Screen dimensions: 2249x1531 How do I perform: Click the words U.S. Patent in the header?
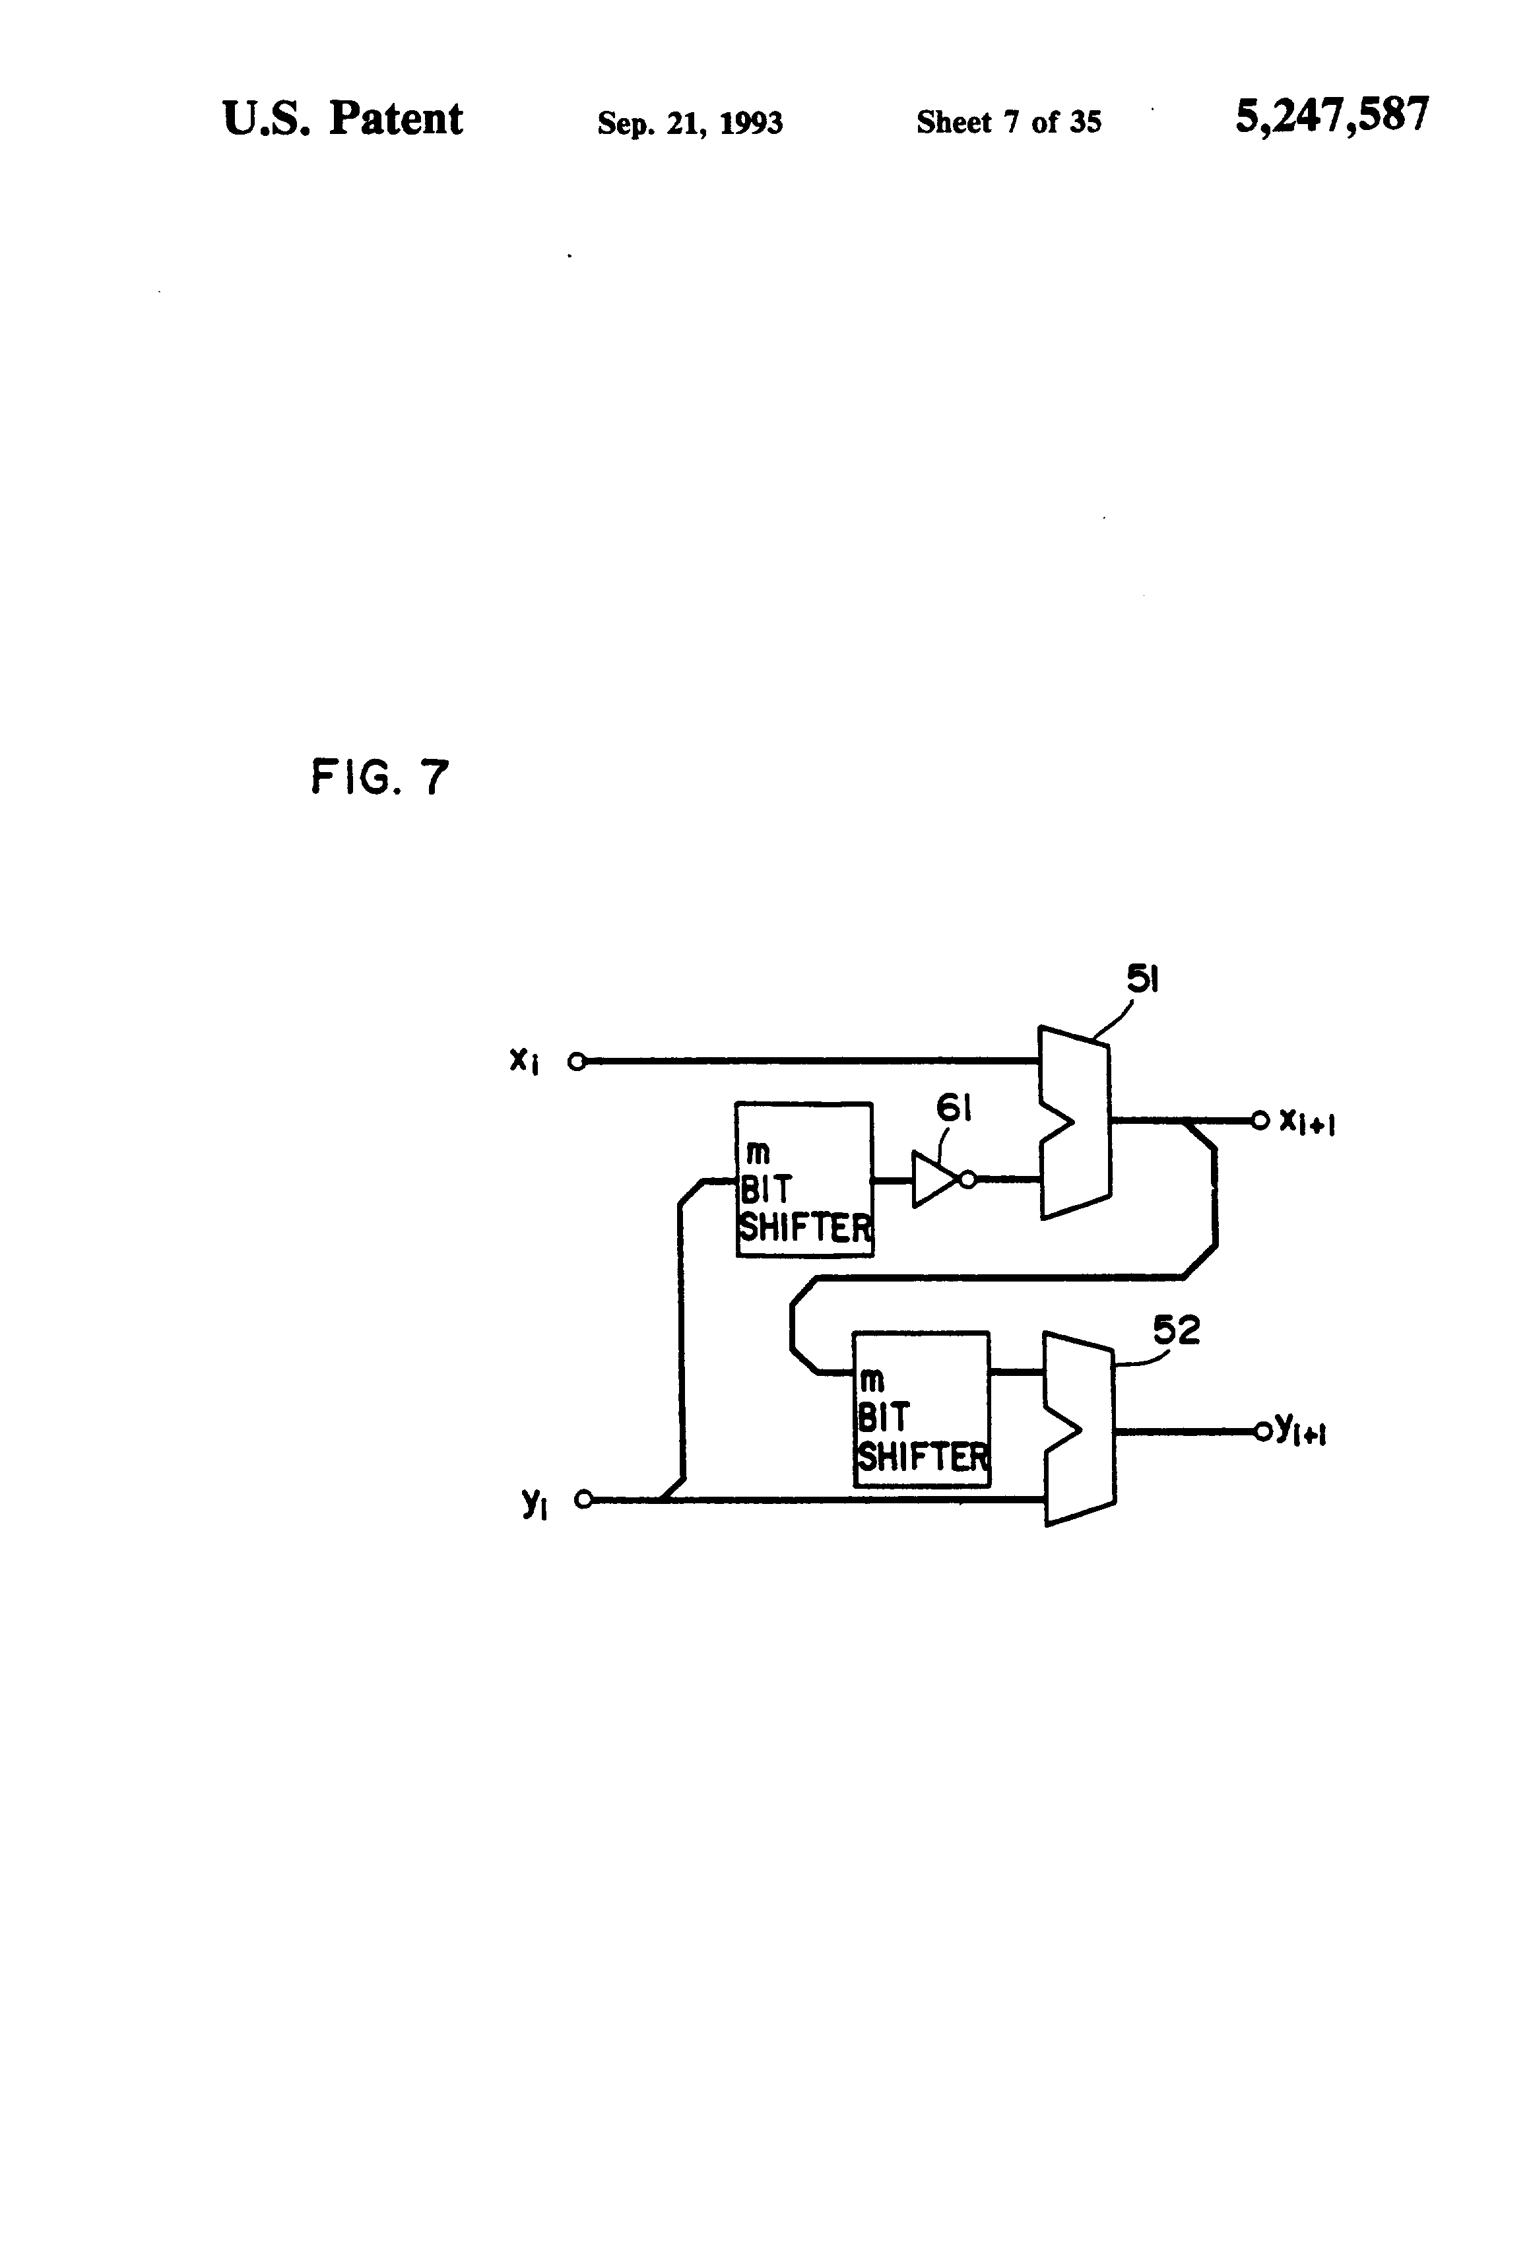[342, 119]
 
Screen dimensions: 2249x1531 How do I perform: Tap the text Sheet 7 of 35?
[1008, 122]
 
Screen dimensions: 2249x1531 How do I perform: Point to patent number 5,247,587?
[1332, 115]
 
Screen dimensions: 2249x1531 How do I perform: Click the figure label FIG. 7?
[379, 777]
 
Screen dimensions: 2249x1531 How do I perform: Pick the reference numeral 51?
[1143, 979]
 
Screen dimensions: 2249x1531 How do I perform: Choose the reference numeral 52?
[1177, 1330]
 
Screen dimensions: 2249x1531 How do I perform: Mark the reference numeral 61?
[954, 1107]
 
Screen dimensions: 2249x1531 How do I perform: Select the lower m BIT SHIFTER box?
[921, 1409]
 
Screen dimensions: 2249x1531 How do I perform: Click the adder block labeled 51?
[1075, 1123]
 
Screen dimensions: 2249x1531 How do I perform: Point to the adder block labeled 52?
[1079, 1429]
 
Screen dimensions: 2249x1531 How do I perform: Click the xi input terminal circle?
[577, 1062]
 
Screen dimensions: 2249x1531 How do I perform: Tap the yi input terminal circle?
[583, 1500]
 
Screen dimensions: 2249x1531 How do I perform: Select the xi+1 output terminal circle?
[1260, 1121]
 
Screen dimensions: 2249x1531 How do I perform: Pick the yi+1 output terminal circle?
[1262, 1431]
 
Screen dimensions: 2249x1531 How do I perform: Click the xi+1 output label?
[1307, 1122]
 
